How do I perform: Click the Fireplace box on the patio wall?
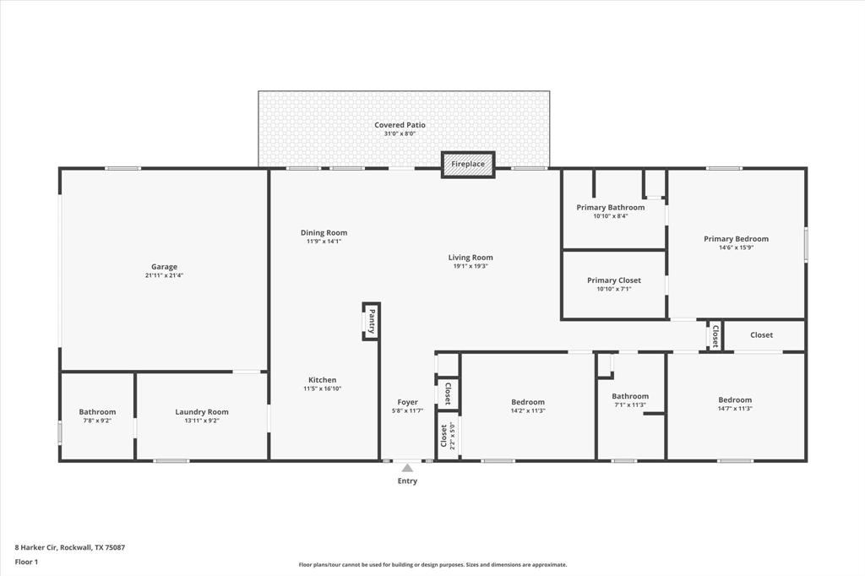tap(468, 165)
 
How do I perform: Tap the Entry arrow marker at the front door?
tap(407, 467)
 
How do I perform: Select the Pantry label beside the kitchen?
tap(371, 322)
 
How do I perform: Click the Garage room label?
tap(164, 267)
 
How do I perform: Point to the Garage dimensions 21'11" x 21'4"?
tap(164, 276)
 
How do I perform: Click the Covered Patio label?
tap(400, 125)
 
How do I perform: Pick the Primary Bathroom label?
tap(610, 207)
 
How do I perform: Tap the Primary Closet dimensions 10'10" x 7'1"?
tap(613, 289)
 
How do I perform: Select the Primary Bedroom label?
tap(736, 239)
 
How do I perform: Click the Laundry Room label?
tap(202, 412)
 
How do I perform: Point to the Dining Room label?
tap(324, 233)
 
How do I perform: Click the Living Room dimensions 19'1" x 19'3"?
tap(471, 266)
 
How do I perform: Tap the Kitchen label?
tap(322, 380)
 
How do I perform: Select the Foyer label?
tap(407, 402)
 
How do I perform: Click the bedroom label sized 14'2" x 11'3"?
tap(528, 402)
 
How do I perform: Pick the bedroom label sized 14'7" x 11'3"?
tap(735, 399)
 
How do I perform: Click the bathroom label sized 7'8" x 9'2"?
tap(97, 412)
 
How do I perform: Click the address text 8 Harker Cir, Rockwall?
tap(70, 547)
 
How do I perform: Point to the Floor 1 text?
tap(26, 561)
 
